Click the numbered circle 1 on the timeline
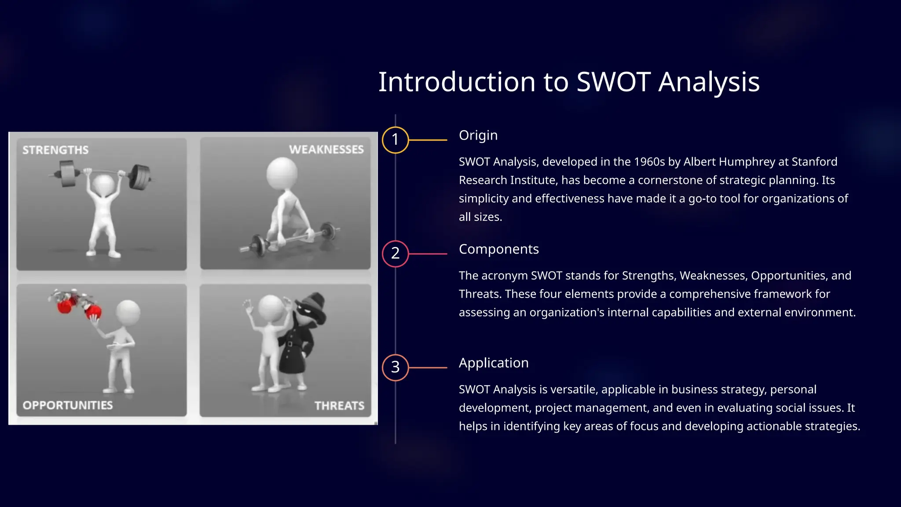point(395,140)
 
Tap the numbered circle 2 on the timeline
point(395,253)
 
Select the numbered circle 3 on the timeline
point(395,367)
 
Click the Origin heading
point(478,136)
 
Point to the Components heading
point(498,250)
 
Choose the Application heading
point(493,363)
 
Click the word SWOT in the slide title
point(613,82)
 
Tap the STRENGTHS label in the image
point(55,151)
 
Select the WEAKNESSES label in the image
point(326,150)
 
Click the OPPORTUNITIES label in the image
point(68,405)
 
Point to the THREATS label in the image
point(339,406)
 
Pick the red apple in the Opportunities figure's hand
point(94,312)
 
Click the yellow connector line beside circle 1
point(428,140)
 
